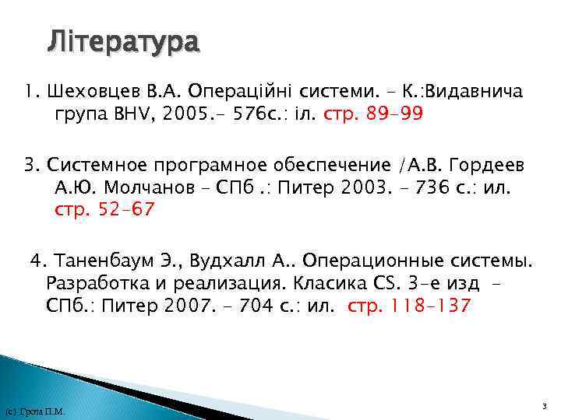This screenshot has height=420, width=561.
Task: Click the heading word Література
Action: pos(123,41)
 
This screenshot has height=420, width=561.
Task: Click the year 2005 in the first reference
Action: pos(182,115)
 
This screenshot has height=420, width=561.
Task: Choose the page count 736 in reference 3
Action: pos(439,187)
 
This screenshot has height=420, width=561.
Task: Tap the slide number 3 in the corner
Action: pos(544,407)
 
